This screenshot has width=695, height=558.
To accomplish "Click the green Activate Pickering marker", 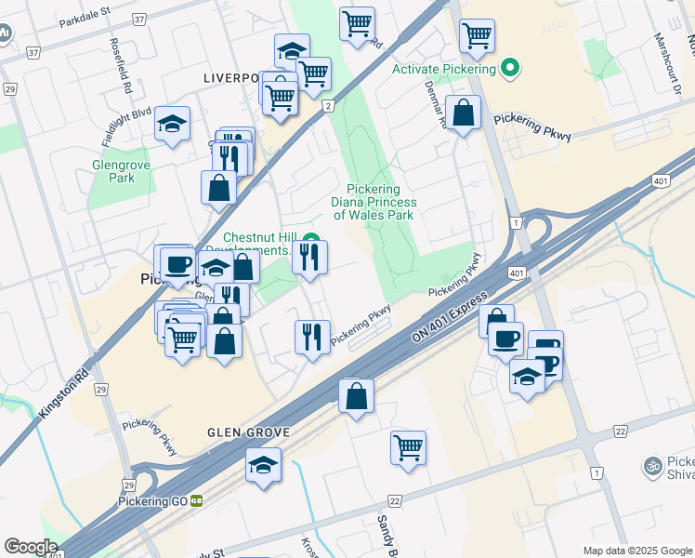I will point(509,69).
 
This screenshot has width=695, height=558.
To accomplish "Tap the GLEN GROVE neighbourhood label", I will point(250,433).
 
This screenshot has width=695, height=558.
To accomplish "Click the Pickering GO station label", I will point(153,501).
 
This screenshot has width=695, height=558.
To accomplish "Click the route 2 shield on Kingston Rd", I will point(328,107).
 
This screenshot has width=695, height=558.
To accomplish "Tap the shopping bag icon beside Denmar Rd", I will point(463,113).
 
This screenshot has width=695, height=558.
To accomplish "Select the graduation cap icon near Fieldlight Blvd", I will point(172,124).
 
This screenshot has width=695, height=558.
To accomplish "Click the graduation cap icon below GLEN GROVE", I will point(264,464).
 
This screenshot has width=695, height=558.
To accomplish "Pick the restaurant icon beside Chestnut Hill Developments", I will point(310,257).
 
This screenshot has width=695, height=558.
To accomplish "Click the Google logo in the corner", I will point(31,546).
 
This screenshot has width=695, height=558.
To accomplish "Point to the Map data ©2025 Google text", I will point(637,551).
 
